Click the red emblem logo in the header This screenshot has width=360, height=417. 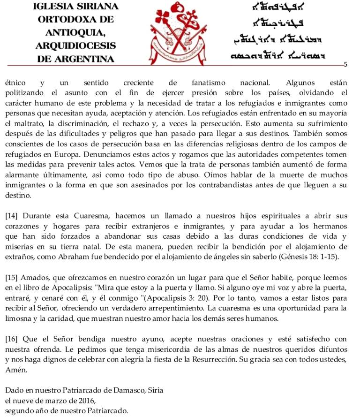[x=180, y=33]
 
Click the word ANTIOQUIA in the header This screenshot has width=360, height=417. [x=75, y=32]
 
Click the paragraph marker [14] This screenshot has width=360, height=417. [x=11, y=216]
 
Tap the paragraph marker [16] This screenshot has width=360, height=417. [x=11, y=339]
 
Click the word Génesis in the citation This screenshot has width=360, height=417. [x=294, y=257]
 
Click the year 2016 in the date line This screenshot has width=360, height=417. [x=86, y=401]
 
